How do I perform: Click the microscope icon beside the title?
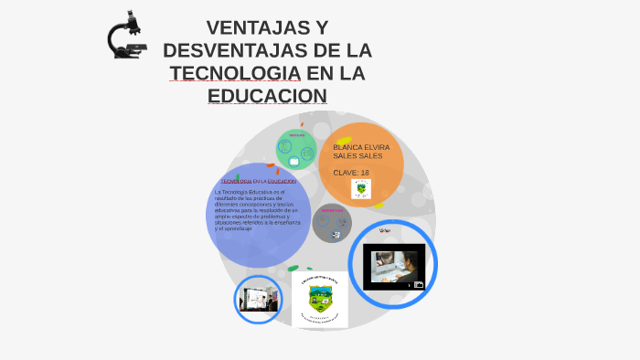tap(125, 36)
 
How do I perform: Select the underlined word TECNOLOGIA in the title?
tap(234, 73)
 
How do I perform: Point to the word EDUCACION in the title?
tap(267, 95)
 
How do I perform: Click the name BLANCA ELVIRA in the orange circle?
tap(361, 147)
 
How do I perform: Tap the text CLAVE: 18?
tap(351, 173)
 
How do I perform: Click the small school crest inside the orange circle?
tap(361, 189)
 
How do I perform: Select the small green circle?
tap(296, 149)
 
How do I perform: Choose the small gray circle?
tap(332, 223)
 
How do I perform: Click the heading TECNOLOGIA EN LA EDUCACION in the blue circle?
tap(258, 182)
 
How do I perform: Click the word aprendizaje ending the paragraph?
tap(237, 228)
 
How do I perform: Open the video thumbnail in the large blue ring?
tap(393, 266)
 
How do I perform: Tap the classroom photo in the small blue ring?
tap(258, 299)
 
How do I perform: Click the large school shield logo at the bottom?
tap(320, 299)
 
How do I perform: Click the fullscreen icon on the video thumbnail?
tap(419, 284)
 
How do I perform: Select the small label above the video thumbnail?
tap(385, 230)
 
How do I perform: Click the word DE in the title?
tap(331, 51)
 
